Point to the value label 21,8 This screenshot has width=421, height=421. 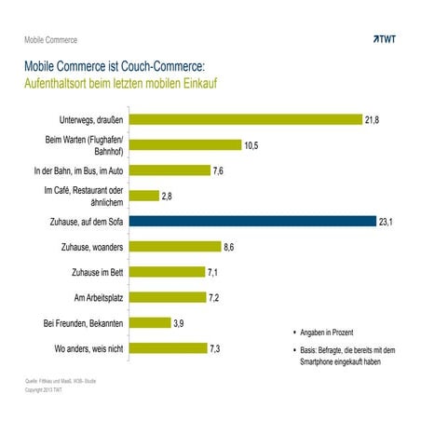point(373,120)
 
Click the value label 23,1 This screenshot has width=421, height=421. point(385,222)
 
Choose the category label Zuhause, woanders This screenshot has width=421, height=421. point(88,247)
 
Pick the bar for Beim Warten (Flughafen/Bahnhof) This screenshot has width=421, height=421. point(185,145)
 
